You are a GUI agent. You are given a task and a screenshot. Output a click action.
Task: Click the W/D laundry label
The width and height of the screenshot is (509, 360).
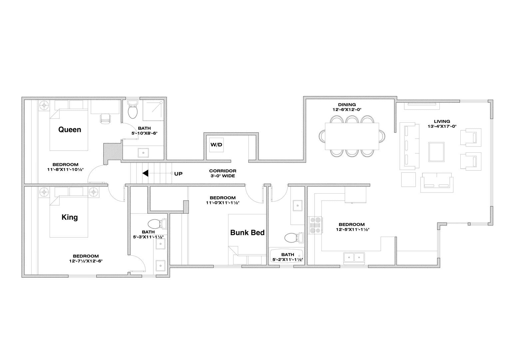(x=216, y=145)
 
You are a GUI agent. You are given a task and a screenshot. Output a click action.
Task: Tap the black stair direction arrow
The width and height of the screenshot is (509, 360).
(x=146, y=173)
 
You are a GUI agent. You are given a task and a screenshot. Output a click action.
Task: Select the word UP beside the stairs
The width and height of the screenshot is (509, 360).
(x=178, y=174)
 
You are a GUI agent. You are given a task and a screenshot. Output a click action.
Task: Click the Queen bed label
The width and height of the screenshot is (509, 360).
(x=70, y=130)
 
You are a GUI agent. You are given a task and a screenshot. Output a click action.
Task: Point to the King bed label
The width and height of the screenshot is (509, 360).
(x=70, y=217)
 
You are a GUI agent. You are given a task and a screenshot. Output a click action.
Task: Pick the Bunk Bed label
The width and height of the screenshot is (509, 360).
(x=248, y=232)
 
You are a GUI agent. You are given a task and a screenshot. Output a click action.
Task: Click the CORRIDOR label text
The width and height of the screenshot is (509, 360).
(x=223, y=171)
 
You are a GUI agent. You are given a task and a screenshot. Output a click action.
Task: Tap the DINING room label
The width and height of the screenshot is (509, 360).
(x=347, y=105)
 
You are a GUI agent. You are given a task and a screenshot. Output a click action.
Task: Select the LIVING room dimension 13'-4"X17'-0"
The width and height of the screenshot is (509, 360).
(x=442, y=126)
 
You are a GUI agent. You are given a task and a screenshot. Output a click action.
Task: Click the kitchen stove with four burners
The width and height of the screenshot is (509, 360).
(x=315, y=225)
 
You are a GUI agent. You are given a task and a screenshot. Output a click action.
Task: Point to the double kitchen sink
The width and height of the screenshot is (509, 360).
(x=354, y=258)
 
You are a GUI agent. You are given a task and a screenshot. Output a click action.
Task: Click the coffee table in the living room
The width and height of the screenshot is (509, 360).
(x=436, y=152)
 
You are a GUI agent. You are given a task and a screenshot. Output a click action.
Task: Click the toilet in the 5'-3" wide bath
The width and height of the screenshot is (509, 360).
(x=157, y=224)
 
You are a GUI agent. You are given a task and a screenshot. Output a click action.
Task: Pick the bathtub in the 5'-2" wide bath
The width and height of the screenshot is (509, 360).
(x=286, y=256)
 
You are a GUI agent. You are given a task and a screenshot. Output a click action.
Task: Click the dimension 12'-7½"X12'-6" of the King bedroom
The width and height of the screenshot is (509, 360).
(x=86, y=261)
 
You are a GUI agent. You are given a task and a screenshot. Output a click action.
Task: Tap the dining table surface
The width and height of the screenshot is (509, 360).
(x=352, y=136)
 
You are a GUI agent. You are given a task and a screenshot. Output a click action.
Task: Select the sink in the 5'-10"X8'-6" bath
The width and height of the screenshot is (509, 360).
(x=143, y=153)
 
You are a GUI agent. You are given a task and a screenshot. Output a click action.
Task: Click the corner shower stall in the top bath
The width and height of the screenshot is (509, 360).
(x=153, y=111)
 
